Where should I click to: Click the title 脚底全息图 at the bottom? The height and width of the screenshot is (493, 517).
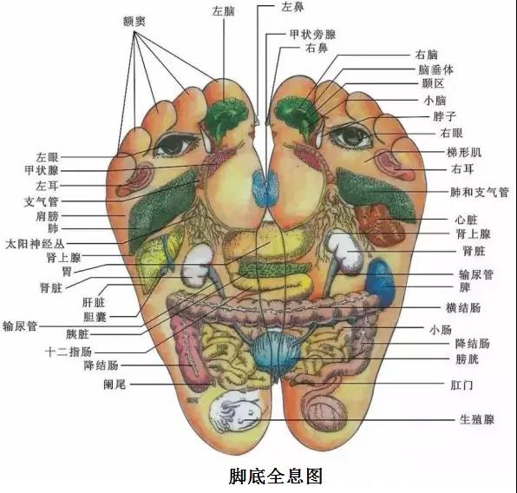(276, 476)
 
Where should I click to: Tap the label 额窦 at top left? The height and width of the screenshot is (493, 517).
(134, 22)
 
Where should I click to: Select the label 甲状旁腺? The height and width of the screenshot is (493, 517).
(312, 35)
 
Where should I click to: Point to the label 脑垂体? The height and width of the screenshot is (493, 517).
(435, 69)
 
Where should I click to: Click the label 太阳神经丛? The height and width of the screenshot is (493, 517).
(35, 244)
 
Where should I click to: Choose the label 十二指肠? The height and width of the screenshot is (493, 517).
(69, 352)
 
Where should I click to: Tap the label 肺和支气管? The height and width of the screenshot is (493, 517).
(480, 192)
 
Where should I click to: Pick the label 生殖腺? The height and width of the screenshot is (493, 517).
(477, 419)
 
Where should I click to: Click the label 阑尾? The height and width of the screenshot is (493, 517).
(115, 385)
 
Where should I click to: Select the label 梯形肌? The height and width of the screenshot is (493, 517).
(464, 152)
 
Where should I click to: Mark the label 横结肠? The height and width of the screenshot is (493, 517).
(463, 308)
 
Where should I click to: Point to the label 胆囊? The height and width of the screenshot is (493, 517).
(95, 317)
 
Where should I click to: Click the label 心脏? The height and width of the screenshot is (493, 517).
(466, 220)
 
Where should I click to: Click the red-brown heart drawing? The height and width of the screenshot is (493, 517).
(381, 226)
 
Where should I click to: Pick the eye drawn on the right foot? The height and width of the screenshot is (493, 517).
(351, 136)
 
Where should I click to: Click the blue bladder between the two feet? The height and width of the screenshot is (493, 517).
(274, 352)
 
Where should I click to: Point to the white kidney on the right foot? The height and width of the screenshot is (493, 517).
(345, 252)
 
